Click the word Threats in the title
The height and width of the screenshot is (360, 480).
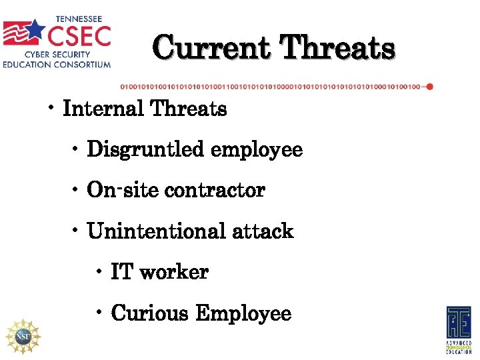337,49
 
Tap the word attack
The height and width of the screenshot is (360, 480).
263,231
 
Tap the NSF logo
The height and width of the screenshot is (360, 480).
22,335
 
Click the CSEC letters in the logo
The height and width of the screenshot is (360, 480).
77,33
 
